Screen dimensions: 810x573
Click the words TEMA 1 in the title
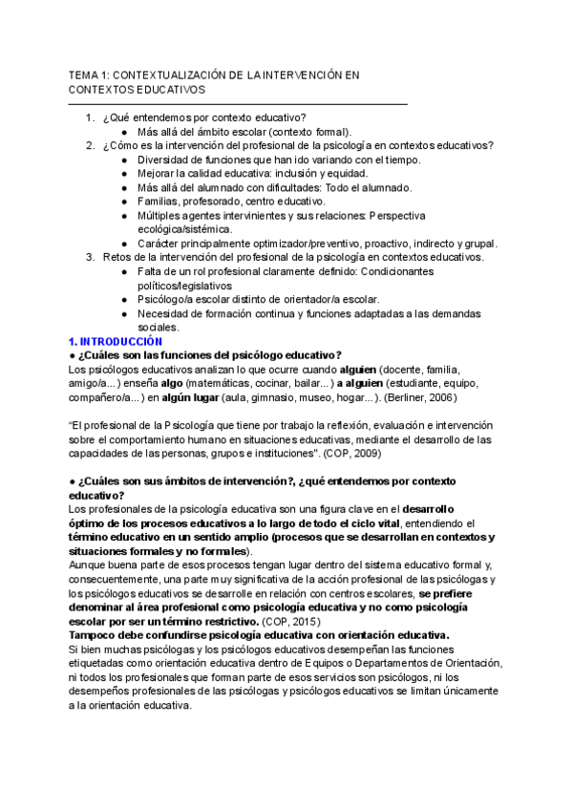(89, 74)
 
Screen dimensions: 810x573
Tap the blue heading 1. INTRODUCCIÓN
(116, 341)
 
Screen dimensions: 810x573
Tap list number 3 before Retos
(89, 257)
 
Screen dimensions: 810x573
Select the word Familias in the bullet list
(159, 202)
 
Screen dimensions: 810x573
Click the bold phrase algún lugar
(187, 396)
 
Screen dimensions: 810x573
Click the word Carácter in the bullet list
(161, 244)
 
